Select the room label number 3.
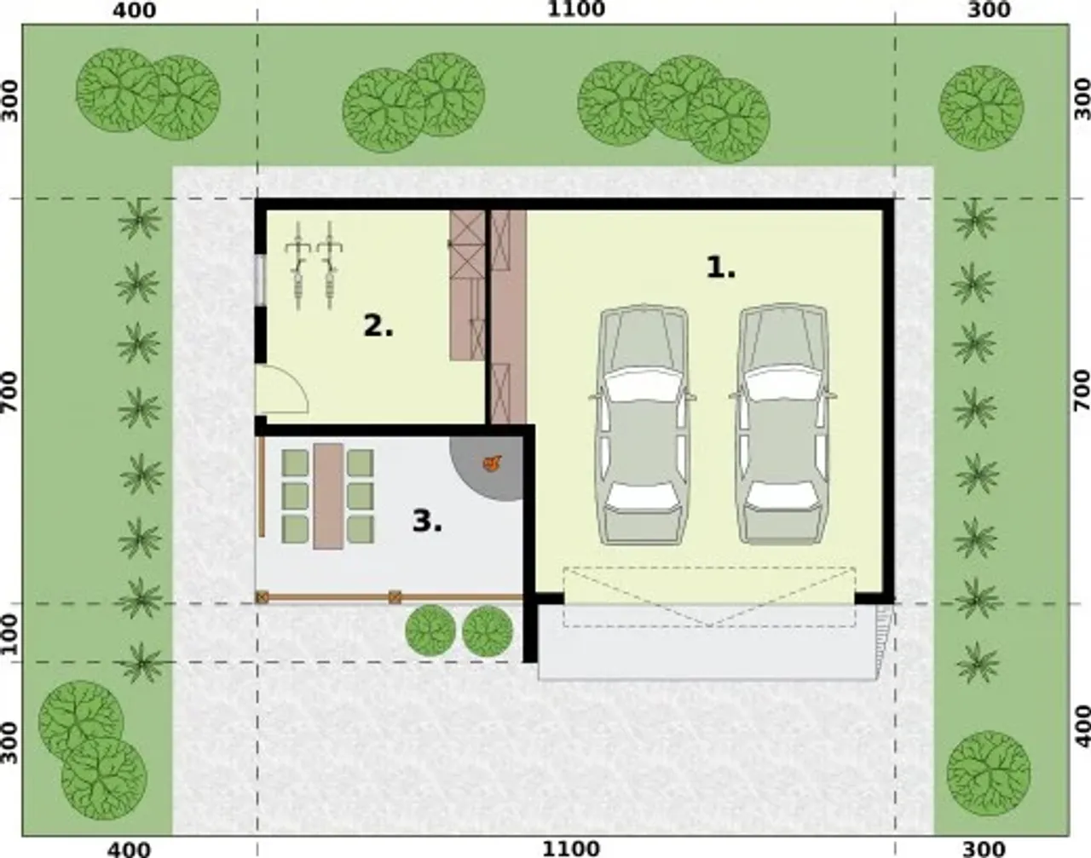point(427,521)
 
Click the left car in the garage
point(643,424)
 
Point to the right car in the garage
point(782,424)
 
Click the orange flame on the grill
point(492,464)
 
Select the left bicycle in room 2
point(297,265)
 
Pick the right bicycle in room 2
point(330,265)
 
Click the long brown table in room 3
point(328,496)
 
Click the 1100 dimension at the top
point(576,9)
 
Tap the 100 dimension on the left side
point(9,634)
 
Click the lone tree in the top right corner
point(980,108)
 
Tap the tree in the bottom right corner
point(988,773)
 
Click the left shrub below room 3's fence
point(430,631)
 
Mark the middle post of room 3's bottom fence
point(395,597)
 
